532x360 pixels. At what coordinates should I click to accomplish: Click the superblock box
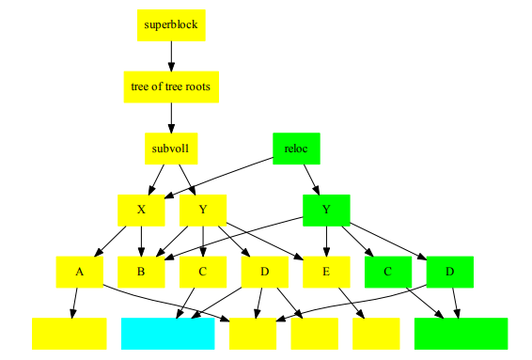(x=171, y=24)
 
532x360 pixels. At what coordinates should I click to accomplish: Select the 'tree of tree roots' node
(x=171, y=86)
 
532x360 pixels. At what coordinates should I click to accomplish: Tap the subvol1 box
(x=171, y=149)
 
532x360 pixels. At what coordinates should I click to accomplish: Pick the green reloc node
(x=296, y=149)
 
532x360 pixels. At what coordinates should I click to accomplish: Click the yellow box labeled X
(x=141, y=210)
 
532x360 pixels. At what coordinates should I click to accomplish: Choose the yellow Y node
(x=203, y=210)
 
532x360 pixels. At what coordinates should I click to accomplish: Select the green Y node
(x=326, y=210)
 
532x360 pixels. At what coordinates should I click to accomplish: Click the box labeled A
(x=79, y=272)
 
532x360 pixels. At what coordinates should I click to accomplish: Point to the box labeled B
(x=141, y=272)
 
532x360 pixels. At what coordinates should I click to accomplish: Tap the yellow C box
(x=203, y=272)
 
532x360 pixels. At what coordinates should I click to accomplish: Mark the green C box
(x=388, y=272)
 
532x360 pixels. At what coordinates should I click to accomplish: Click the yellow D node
(x=264, y=272)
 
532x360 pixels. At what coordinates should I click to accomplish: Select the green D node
(x=449, y=272)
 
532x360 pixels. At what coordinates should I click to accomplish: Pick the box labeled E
(x=326, y=272)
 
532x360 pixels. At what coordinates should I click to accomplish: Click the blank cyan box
(x=168, y=333)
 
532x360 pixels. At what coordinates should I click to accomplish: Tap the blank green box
(x=461, y=333)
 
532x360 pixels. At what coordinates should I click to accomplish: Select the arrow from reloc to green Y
(x=309, y=178)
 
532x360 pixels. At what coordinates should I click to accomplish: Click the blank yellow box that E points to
(x=376, y=333)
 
